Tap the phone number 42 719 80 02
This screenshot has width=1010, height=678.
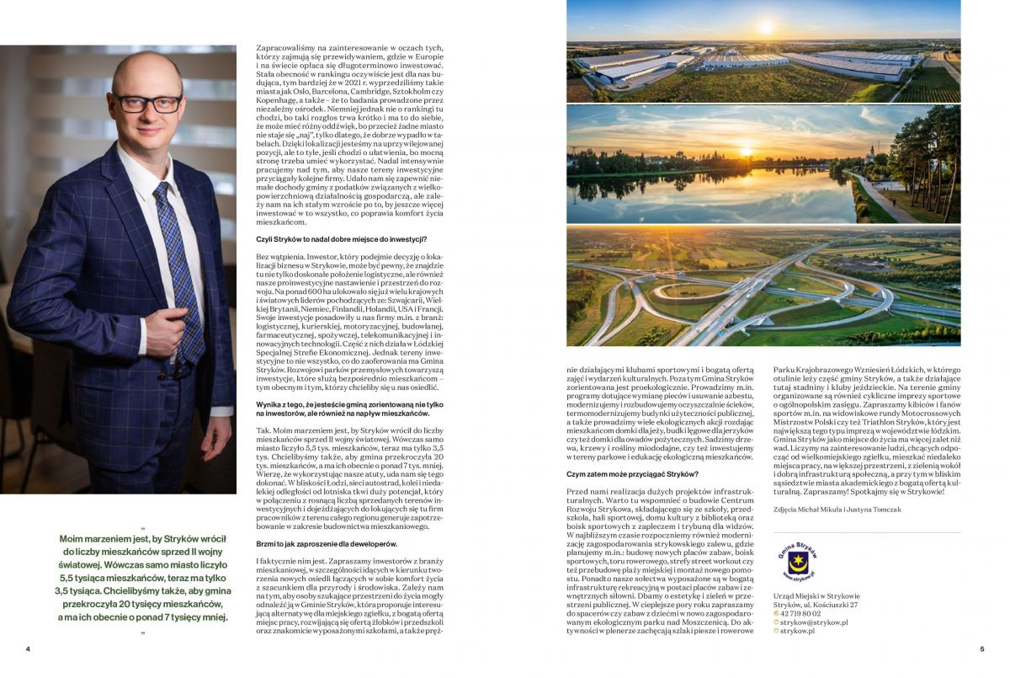point(802,613)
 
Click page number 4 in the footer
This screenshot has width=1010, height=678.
point(28,649)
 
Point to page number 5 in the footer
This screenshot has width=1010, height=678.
point(981,649)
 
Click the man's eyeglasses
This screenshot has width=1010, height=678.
point(148,104)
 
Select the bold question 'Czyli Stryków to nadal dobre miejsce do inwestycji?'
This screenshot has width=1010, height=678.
point(341,240)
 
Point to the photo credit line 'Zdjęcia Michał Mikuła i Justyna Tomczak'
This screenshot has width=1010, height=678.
point(836,510)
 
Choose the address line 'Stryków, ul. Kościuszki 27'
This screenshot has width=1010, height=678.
point(815,605)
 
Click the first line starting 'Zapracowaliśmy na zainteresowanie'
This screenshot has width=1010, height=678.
point(348,48)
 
